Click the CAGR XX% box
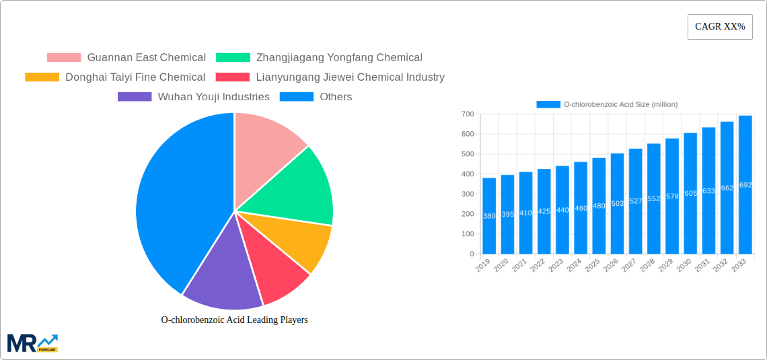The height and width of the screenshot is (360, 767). tap(719, 27)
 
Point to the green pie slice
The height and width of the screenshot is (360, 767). tap(296, 185)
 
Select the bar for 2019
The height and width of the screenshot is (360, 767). tap(489, 215)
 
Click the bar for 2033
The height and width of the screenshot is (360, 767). tap(745, 185)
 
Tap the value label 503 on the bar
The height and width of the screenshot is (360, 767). tap(617, 203)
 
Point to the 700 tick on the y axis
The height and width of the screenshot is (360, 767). tap(466, 114)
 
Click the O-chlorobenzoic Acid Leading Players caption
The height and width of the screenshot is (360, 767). tap(234, 320)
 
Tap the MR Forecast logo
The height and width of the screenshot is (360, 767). tap(32, 343)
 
